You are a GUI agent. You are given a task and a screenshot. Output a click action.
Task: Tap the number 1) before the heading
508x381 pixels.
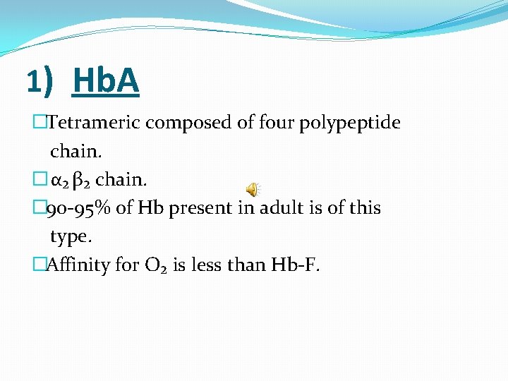[40, 82]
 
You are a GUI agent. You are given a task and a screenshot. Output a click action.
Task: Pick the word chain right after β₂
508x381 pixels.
[121, 180]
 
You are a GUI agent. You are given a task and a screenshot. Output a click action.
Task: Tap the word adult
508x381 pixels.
[285, 208]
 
